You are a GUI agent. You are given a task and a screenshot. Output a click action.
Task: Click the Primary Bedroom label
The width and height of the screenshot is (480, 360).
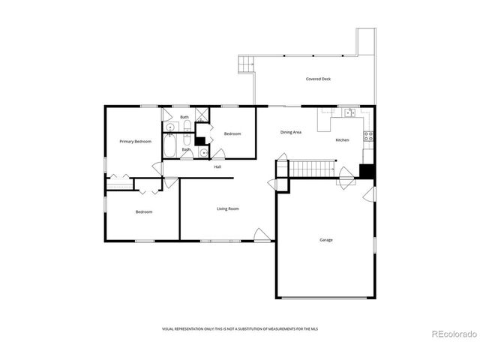coord(136,141)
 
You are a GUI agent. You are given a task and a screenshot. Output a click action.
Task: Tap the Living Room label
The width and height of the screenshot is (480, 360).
coord(228,208)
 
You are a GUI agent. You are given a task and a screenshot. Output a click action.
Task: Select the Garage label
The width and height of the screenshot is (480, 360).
coord(326,240)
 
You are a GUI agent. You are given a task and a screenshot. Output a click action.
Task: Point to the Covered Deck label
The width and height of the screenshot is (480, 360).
coord(318,79)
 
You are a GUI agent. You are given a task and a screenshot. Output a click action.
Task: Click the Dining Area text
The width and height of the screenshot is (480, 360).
coord(291,133)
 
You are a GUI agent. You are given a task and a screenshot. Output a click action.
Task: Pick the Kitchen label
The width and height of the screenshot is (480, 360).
coord(342,140)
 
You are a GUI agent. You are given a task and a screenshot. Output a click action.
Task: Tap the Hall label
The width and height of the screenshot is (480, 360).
coord(217,166)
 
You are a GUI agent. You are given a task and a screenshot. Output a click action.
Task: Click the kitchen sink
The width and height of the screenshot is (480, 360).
coord(349,113)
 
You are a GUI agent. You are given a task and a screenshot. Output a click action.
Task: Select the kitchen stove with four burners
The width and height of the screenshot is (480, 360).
coord(368,136)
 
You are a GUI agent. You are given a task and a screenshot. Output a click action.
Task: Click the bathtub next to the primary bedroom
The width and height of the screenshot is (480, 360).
coord(170,146)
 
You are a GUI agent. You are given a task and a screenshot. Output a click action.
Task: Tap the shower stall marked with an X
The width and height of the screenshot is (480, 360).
coord(202,115)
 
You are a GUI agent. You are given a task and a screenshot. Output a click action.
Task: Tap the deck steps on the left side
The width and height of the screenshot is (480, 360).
coord(244,66)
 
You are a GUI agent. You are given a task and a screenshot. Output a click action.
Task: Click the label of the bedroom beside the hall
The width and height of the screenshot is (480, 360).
coord(232,133)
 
